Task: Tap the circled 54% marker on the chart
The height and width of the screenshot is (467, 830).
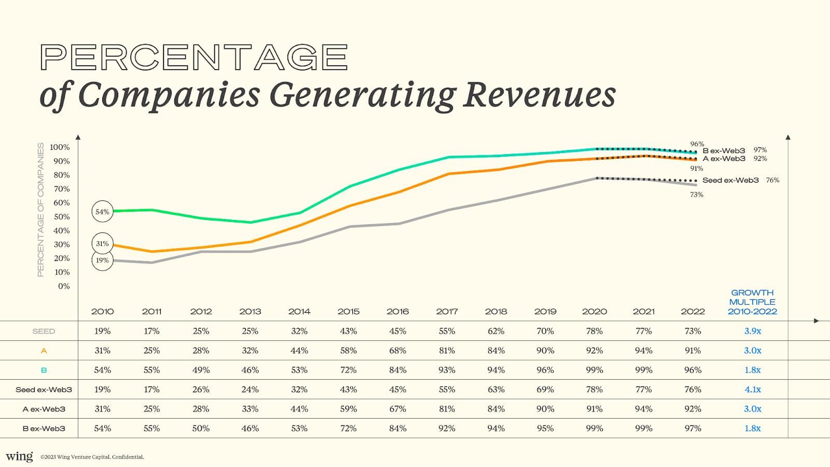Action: click(x=102, y=212)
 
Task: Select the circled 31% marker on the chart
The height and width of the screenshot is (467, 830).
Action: click(x=102, y=243)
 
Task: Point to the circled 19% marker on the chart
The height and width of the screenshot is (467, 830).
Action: click(x=102, y=260)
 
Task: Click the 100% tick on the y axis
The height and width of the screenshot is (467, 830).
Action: click(x=60, y=147)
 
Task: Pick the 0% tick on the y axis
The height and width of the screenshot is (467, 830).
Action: click(x=64, y=286)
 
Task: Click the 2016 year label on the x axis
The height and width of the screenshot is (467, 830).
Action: click(x=397, y=311)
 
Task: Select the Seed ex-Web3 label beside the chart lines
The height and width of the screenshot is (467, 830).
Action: click(x=730, y=180)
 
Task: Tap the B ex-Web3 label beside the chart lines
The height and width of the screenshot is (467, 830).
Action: click(x=724, y=150)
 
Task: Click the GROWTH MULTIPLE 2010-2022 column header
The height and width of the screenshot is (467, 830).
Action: click(x=752, y=302)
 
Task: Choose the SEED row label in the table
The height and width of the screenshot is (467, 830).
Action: click(x=44, y=331)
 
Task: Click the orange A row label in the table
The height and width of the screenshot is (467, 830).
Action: click(x=44, y=351)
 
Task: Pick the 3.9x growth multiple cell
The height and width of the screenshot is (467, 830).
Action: click(x=752, y=331)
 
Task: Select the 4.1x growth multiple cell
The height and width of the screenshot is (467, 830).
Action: click(x=752, y=389)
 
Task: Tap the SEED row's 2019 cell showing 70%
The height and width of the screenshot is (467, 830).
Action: click(x=545, y=331)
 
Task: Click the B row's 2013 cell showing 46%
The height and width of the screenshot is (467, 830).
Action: click(x=250, y=370)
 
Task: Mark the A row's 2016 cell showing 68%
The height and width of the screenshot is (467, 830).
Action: click(x=397, y=351)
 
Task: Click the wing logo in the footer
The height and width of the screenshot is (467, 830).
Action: click(x=19, y=456)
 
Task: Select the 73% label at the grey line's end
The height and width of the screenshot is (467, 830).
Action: click(x=696, y=195)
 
